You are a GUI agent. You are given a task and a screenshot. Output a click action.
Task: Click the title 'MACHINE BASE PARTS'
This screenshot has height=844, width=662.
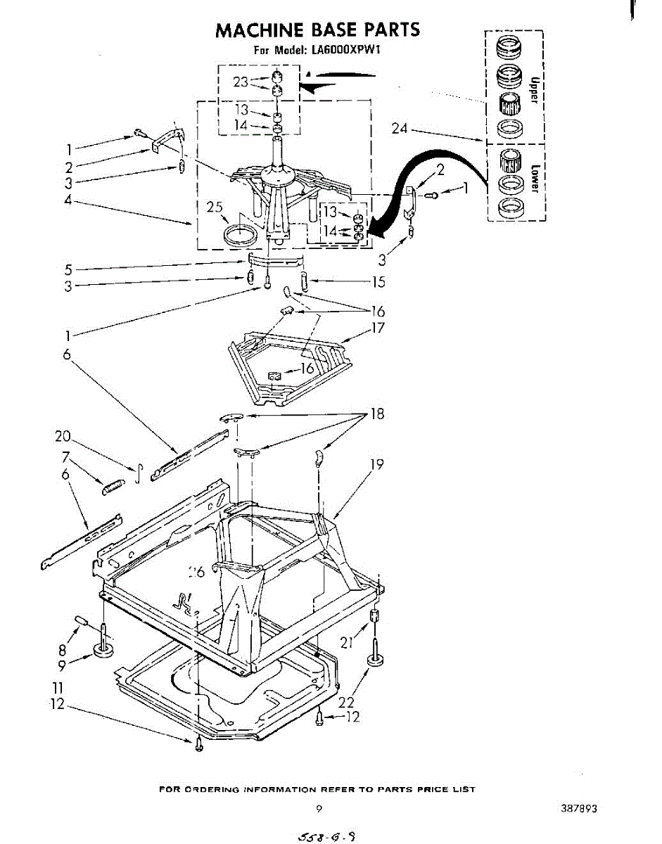(317, 30)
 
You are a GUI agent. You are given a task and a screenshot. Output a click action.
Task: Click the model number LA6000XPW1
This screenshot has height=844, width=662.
(345, 50)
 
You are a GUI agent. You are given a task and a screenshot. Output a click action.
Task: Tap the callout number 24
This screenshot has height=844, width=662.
(400, 128)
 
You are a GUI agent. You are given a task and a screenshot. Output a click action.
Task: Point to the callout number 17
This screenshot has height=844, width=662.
(378, 327)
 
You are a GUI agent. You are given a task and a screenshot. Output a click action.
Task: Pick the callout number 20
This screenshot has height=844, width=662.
(63, 436)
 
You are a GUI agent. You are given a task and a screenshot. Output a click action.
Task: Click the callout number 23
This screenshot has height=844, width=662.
(241, 82)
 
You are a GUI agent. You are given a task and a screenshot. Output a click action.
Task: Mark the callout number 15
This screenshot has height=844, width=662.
(379, 282)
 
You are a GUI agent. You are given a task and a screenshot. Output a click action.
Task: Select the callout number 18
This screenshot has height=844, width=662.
(377, 414)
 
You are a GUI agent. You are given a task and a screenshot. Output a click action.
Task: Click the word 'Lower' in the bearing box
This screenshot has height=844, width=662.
(535, 179)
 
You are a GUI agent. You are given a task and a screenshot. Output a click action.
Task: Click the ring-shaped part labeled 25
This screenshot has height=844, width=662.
(239, 234)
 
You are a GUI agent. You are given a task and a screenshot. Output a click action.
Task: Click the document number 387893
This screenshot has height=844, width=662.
(579, 809)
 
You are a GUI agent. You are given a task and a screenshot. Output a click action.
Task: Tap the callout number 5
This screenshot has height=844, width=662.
(68, 269)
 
